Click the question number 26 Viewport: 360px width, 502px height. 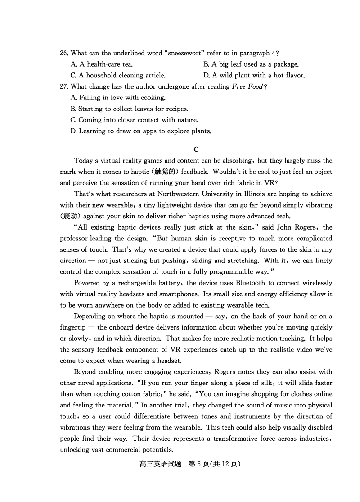[64, 53]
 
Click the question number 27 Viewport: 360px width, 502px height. [64, 86]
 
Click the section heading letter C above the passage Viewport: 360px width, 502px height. [196, 149]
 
